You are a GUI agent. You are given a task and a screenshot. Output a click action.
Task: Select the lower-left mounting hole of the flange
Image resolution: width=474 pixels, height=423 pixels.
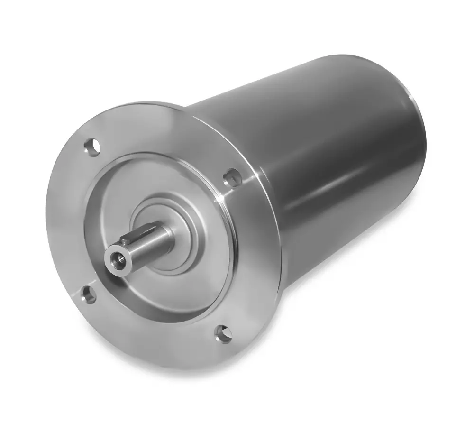[x=88, y=295]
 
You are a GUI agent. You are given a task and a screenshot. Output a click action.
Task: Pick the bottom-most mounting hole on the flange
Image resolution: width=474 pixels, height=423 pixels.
[x=223, y=334]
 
